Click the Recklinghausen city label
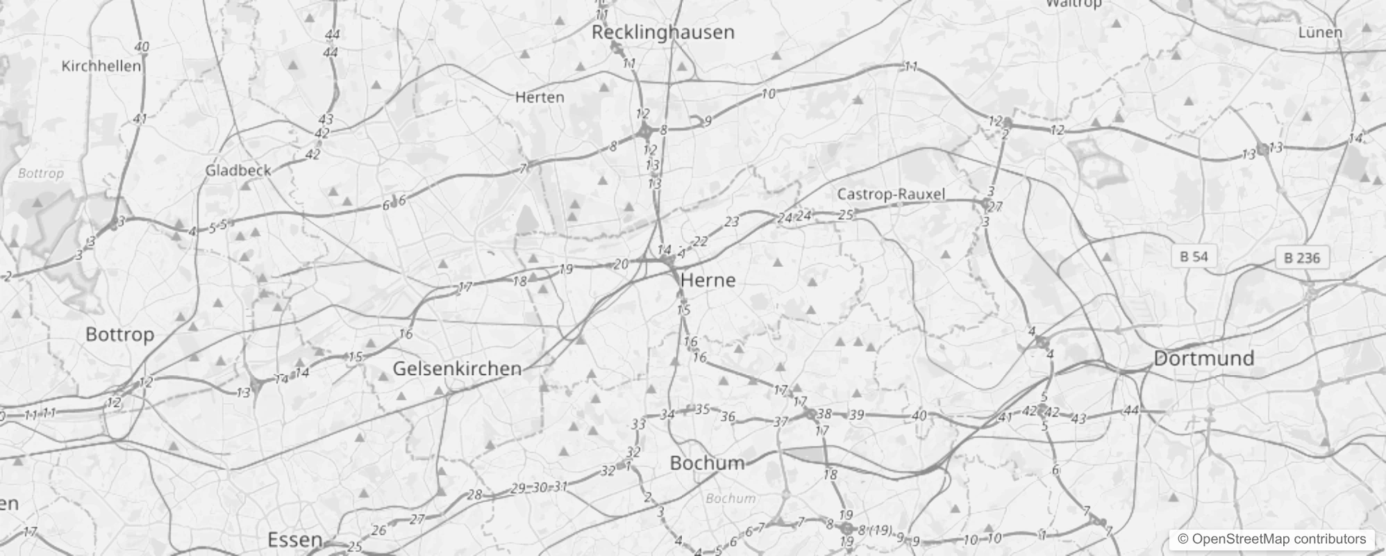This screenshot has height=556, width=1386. (x=662, y=32)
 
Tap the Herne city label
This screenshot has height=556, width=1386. (x=708, y=280)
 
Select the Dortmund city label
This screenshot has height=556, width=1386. (x=1204, y=359)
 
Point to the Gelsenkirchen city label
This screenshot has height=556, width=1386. (x=457, y=368)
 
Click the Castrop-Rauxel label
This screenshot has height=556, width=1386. (x=891, y=194)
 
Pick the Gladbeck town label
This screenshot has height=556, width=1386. (x=238, y=170)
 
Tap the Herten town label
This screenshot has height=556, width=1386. (x=540, y=97)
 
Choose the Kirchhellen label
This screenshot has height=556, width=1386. (x=101, y=66)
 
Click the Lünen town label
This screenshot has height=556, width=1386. (x=1320, y=33)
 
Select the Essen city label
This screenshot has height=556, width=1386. (x=295, y=539)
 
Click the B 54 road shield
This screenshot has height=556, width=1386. (x=1194, y=257)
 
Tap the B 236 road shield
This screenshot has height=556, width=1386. (x=1301, y=258)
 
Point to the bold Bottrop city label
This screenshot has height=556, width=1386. (x=119, y=334)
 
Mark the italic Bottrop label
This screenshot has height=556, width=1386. (x=40, y=173)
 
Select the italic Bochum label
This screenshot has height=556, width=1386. (x=730, y=498)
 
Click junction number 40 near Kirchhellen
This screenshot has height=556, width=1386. (x=142, y=47)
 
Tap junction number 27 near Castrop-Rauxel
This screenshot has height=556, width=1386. (x=995, y=206)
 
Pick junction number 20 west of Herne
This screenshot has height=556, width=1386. (x=621, y=263)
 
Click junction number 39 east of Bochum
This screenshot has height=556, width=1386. (x=857, y=415)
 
